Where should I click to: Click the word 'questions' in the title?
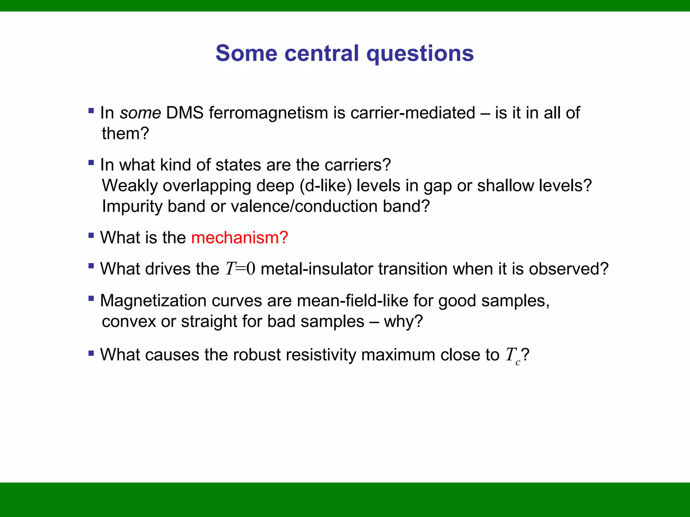click(x=420, y=54)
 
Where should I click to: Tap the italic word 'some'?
click(x=140, y=113)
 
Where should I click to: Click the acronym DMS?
click(x=185, y=113)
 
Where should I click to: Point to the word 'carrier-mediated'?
click(x=413, y=113)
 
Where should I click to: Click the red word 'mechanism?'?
click(x=240, y=238)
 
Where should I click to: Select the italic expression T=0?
click(x=240, y=269)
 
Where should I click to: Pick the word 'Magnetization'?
click(x=153, y=301)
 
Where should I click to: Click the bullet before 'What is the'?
click(x=91, y=235)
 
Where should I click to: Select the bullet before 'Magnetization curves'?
click(x=91, y=298)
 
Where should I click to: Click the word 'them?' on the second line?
click(x=125, y=134)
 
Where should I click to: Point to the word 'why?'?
click(x=403, y=321)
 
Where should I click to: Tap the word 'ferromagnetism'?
click(x=268, y=113)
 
